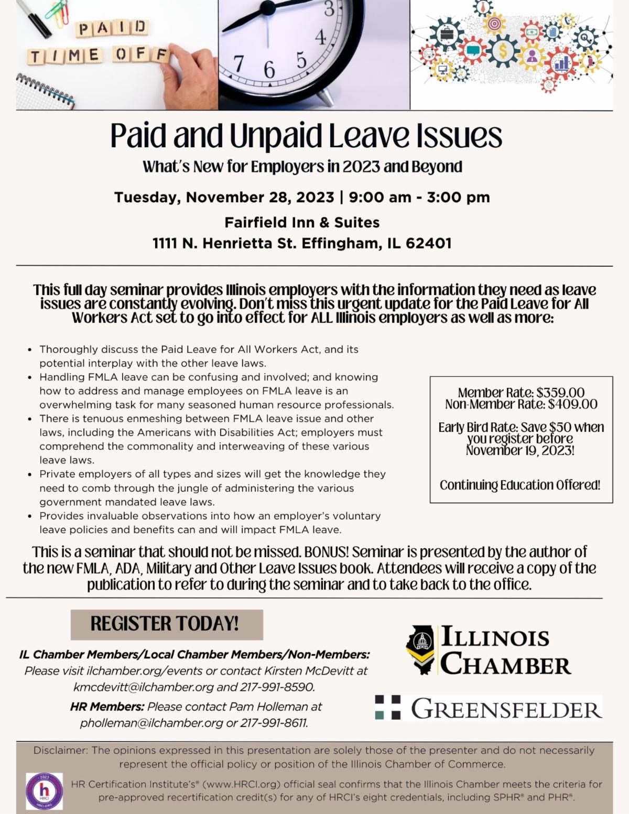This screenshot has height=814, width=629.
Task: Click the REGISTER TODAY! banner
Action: pyautogui.click(x=166, y=624)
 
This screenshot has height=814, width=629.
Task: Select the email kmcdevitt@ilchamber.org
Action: pyautogui.click(x=144, y=687)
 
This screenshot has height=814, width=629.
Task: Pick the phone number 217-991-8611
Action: pyautogui.click(x=274, y=723)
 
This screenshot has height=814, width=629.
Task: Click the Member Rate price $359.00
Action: pyautogui.click(x=560, y=393)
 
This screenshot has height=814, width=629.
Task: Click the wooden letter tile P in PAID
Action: pyautogui.click(x=84, y=29)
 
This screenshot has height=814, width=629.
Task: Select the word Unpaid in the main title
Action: pyautogui.click(x=276, y=136)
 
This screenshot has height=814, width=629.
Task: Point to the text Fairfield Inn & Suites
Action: pyautogui.click(x=302, y=222)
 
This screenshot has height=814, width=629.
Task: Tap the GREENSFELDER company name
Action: pyautogui.click(x=506, y=709)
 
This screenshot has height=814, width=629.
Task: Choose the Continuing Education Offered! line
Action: pyautogui.click(x=520, y=485)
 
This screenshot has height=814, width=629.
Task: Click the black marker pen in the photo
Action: pyautogui.click(x=33, y=18)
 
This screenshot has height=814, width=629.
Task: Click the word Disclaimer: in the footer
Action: pyautogui.click(x=61, y=750)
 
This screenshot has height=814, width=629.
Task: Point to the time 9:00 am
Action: pyautogui.click(x=380, y=198)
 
